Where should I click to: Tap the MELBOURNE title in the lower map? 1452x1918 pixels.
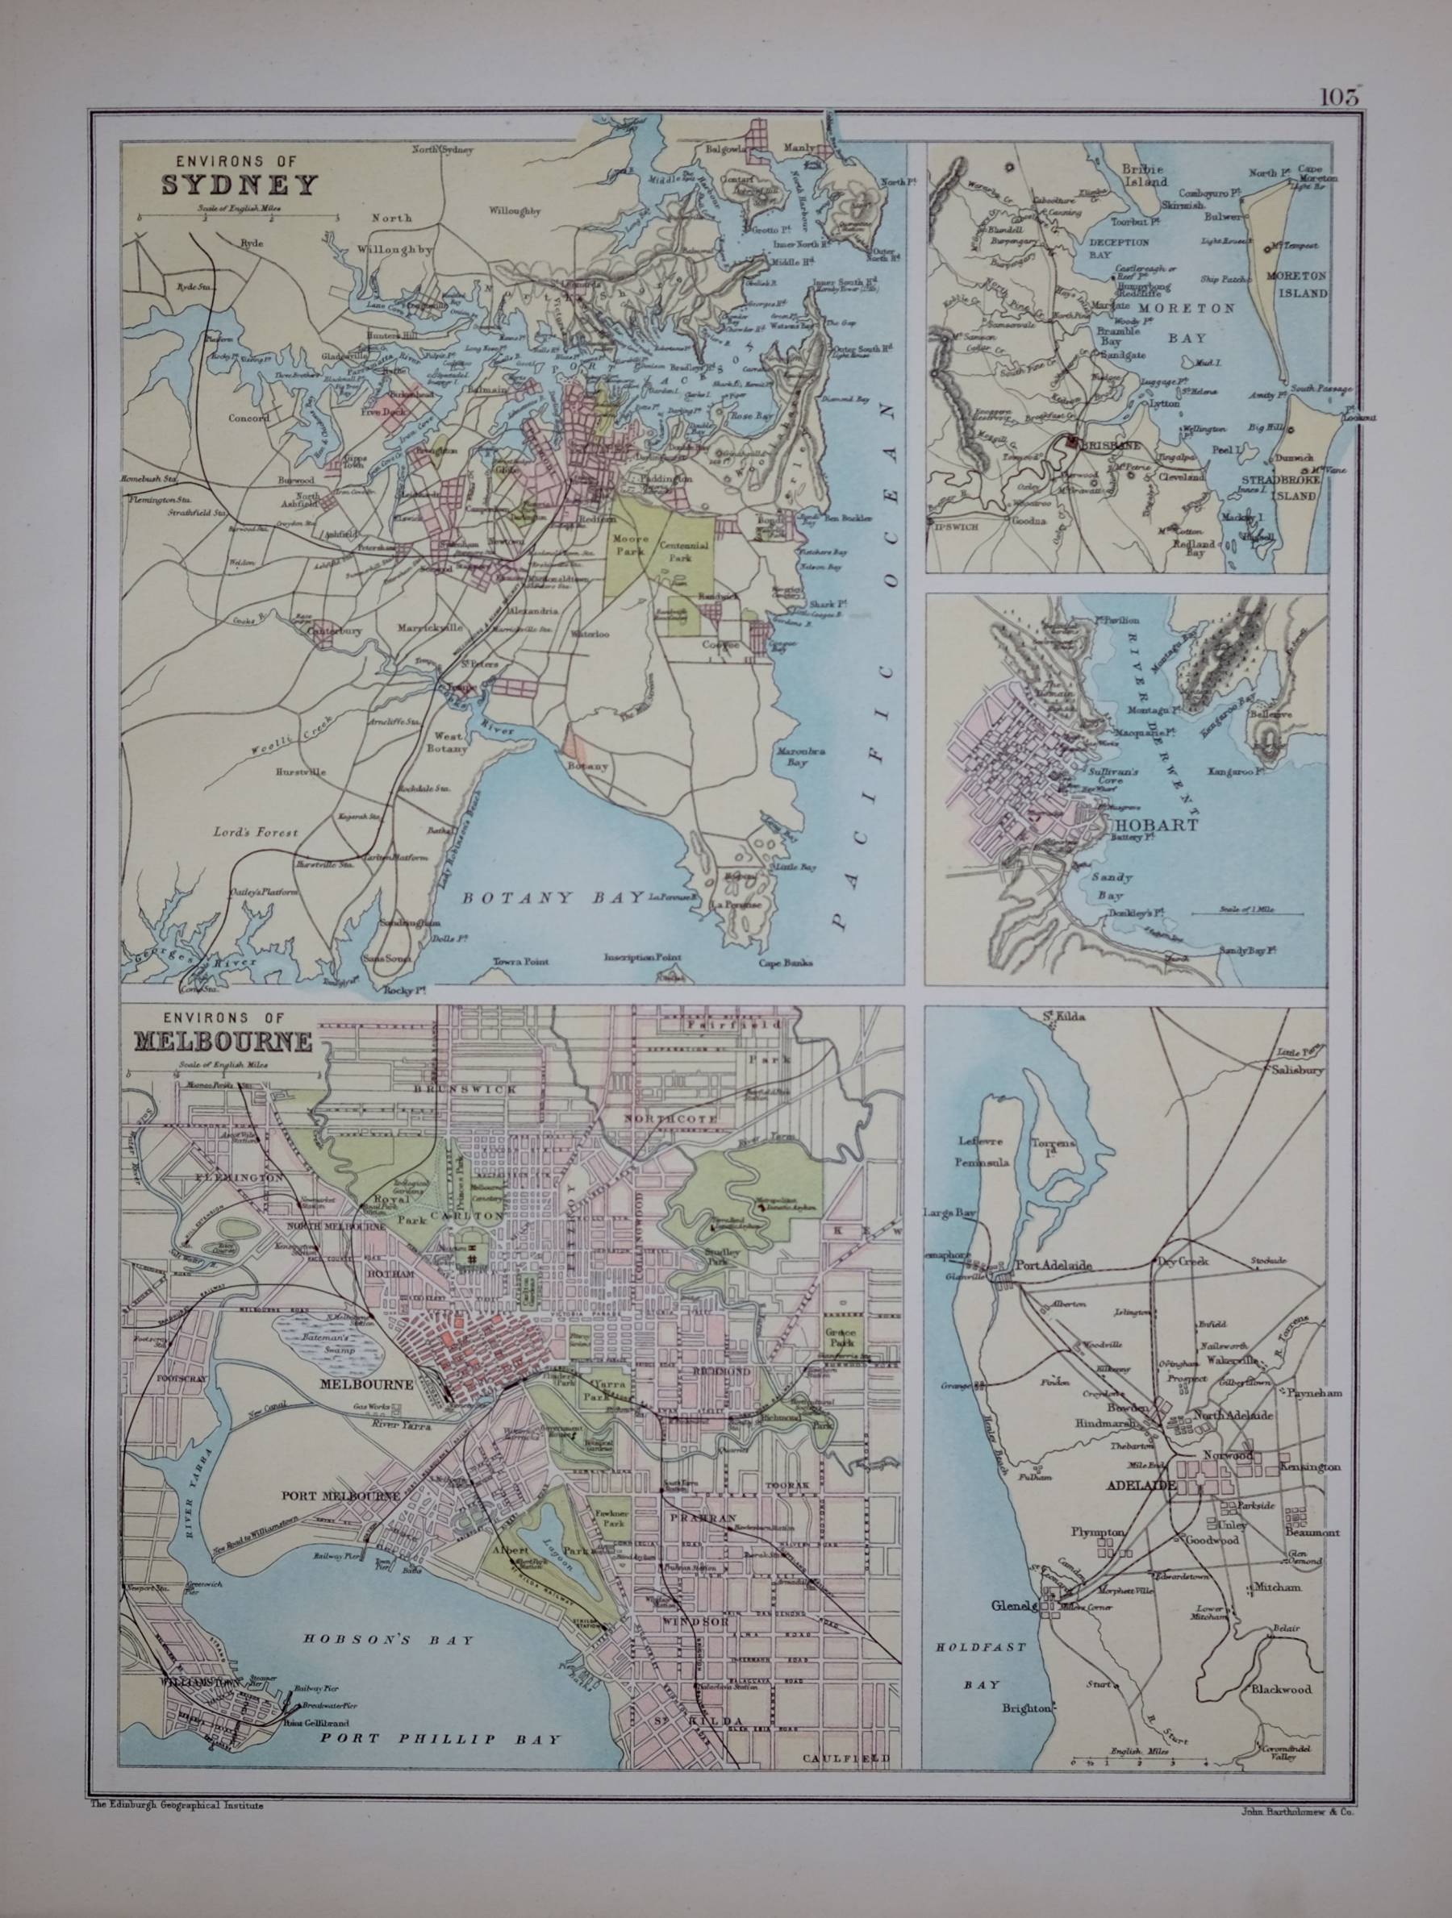tap(222, 1040)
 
